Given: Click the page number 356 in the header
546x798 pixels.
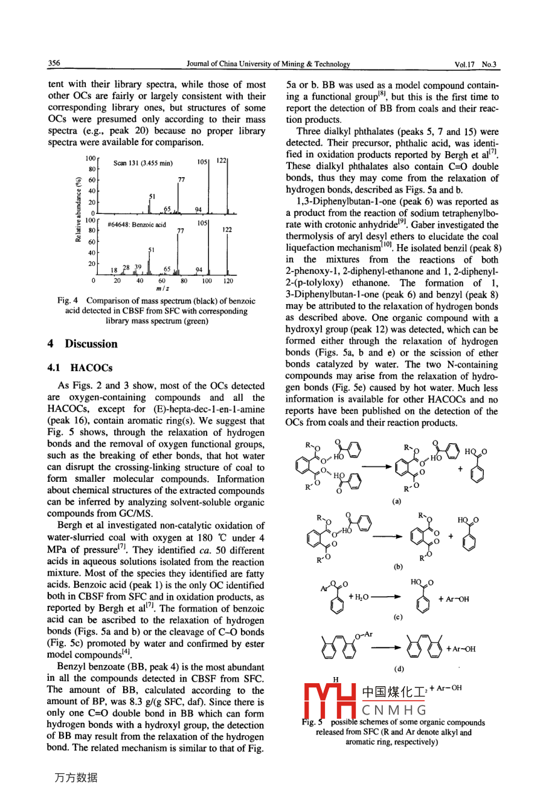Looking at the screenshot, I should (x=54, y=63).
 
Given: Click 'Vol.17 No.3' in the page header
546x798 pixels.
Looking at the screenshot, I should (x=477, y=64).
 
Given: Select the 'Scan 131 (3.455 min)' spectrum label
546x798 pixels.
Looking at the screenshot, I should (x=143, y=163).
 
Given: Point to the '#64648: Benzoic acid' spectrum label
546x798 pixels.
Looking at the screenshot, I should (x=136, y=225).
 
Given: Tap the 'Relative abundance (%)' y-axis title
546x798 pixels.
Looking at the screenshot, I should (x=79, y=209).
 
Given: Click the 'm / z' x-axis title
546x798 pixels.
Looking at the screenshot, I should (x=161, y=289).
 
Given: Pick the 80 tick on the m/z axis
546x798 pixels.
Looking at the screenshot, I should (x=184, y=281).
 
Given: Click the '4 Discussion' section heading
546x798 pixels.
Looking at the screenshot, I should (x=83, y=344).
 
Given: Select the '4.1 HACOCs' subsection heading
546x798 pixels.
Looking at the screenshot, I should (x=80, y=368).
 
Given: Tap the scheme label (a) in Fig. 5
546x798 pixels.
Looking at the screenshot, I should (x=396, y=501).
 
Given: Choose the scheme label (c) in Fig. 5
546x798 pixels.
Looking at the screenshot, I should (x=397, y=617).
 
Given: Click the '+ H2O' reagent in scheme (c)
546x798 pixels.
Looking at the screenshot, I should (x=360, y=597).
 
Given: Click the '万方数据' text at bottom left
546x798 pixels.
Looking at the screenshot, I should (x=75, y=778).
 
